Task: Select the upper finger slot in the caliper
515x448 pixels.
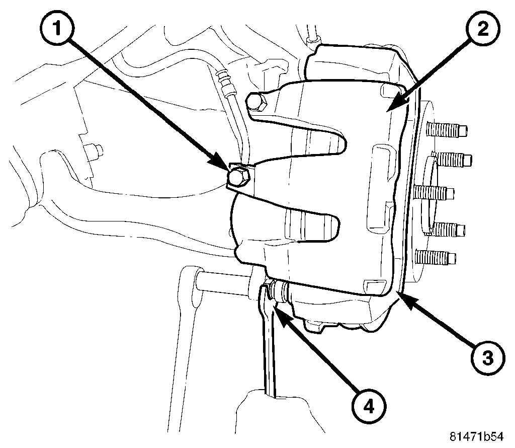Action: click(312, 136)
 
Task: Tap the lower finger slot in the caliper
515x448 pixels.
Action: click(307, 222)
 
